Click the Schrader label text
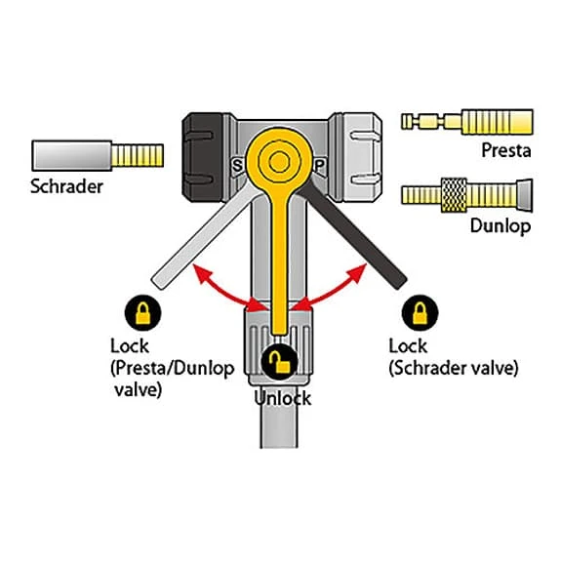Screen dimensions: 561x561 66,186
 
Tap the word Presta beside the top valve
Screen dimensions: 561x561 506,150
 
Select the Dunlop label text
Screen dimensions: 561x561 501,226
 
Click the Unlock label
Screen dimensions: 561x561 282,398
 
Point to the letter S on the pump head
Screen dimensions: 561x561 237,166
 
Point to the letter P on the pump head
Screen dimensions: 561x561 319,166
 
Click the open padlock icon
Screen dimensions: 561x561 279,362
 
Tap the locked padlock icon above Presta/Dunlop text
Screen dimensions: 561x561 142,313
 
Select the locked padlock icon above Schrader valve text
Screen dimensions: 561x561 421,313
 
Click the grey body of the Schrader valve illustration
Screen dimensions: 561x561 72,156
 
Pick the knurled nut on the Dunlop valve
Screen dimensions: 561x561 454,195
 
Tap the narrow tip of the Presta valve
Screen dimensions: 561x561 407,121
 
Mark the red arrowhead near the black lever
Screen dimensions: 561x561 358,272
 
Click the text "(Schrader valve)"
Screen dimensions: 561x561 454,368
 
